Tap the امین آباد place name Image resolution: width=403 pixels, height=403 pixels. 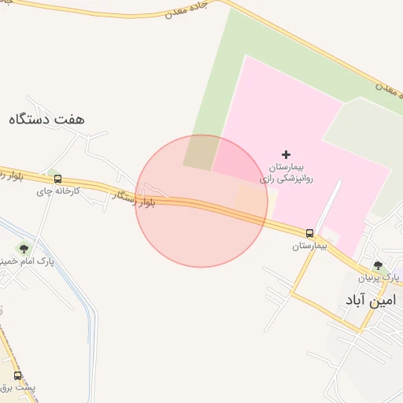coord(369,300)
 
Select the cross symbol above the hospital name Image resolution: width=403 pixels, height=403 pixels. coord(286,154)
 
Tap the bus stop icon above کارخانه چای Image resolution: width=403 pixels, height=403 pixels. coord(57,179)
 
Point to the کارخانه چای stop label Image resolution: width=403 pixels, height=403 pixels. coord(57,191)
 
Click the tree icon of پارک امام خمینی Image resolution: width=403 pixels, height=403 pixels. coord(20,248)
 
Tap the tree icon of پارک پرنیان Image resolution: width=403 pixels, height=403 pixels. coord(378,265)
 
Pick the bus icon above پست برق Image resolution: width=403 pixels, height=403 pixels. coord(17,376)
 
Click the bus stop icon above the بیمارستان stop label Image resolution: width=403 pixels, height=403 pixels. coord(309,233)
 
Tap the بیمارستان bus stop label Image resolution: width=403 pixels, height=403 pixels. coord(309,246)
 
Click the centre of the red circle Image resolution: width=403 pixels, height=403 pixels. coord(201,201)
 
